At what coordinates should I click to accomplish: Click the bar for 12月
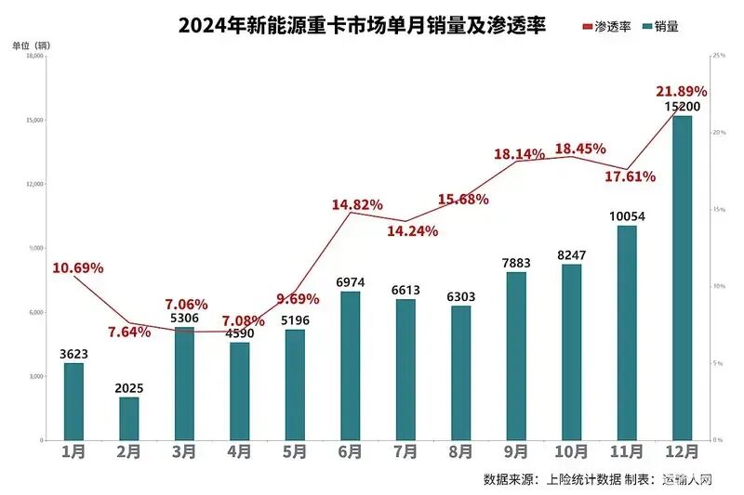682,279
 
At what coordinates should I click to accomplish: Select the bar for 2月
128,419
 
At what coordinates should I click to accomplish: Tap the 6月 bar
351,366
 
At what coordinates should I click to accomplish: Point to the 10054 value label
626,216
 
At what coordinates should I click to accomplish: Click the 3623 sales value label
73,354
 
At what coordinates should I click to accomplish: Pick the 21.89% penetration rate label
682,91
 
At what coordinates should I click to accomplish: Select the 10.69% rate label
77,268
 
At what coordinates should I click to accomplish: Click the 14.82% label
358,204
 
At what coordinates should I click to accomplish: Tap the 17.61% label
630,176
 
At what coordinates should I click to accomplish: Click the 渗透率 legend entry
606,27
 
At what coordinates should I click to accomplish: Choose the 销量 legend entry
659,27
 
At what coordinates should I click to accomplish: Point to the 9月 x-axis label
516,452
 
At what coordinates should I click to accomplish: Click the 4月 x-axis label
239,452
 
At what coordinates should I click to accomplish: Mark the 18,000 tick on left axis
36,56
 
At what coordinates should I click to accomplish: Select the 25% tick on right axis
717,56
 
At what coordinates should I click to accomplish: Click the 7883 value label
516,263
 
